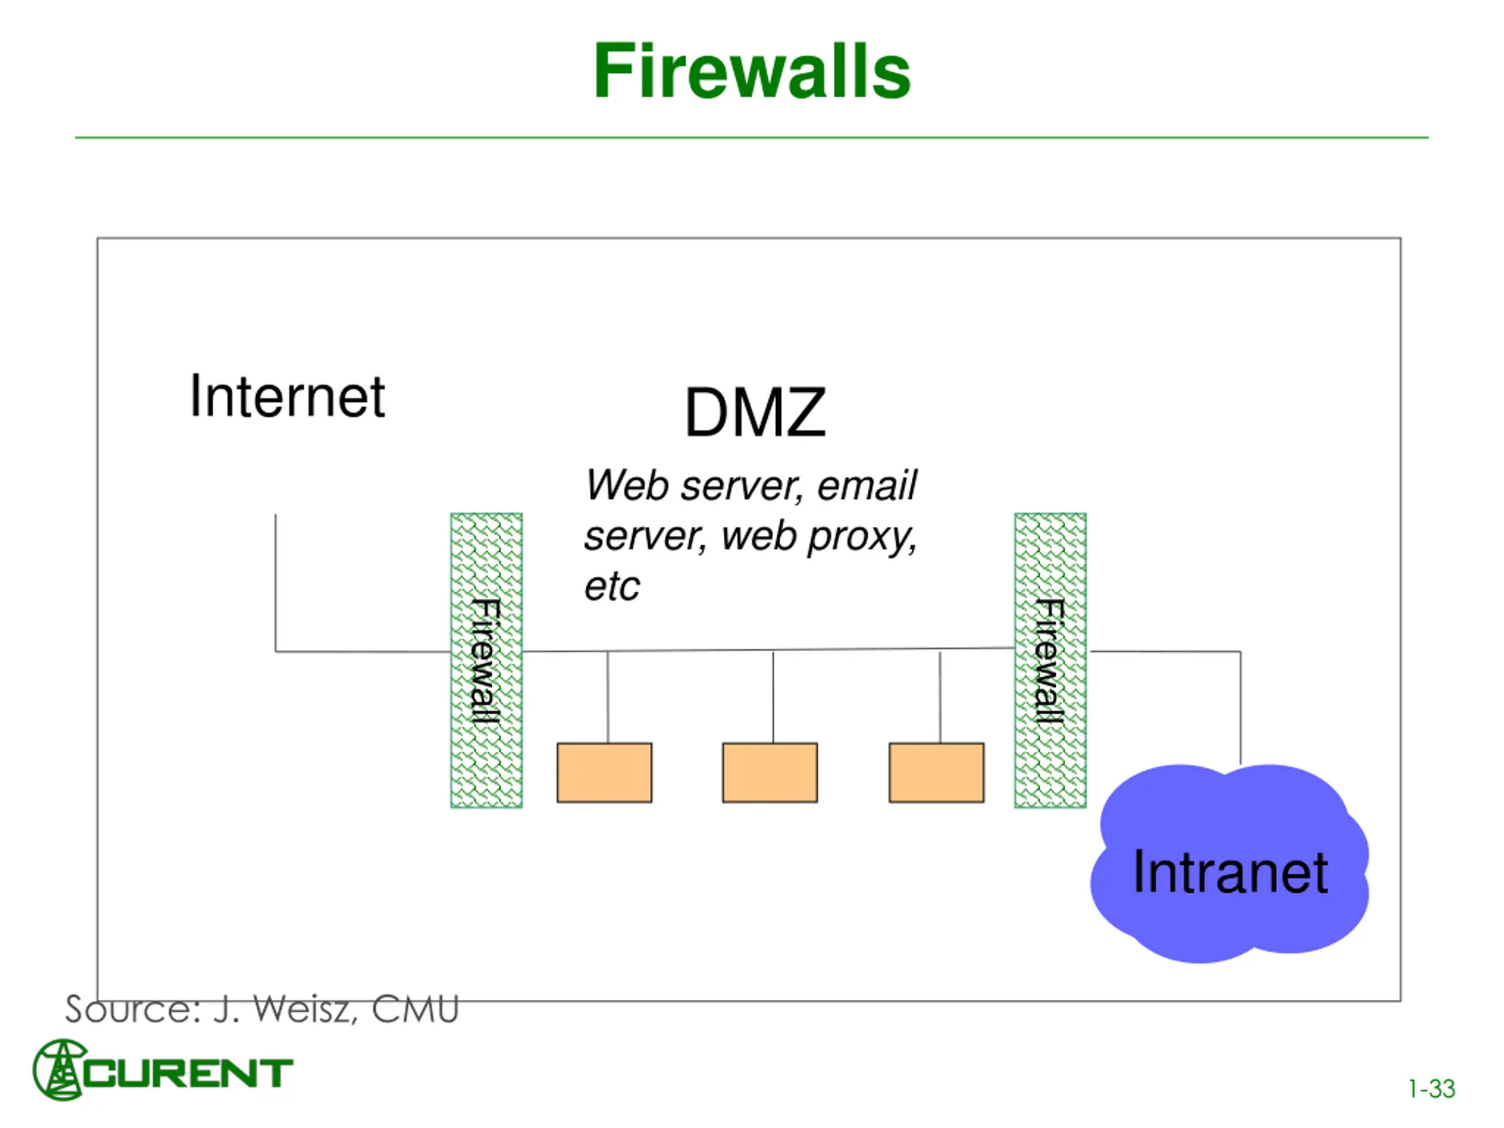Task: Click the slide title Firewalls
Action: point(751,72)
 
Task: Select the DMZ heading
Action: point(755,412)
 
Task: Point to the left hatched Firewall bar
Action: point(486,660)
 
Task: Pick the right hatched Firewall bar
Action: point(1050,660)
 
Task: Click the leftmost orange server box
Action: point(605,773)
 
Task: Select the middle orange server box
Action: point(770,773)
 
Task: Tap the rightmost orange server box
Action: point(936,773)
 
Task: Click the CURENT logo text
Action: point(187,1073)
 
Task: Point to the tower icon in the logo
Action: point(60,1069)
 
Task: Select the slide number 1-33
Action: point(1431,1089)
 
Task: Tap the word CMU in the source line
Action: point(415,1009)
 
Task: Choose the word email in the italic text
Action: point(867,485)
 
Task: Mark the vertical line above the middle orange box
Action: point(773,697)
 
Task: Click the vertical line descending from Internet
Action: point(276,583)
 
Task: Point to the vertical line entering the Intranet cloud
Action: point(1240,708)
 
